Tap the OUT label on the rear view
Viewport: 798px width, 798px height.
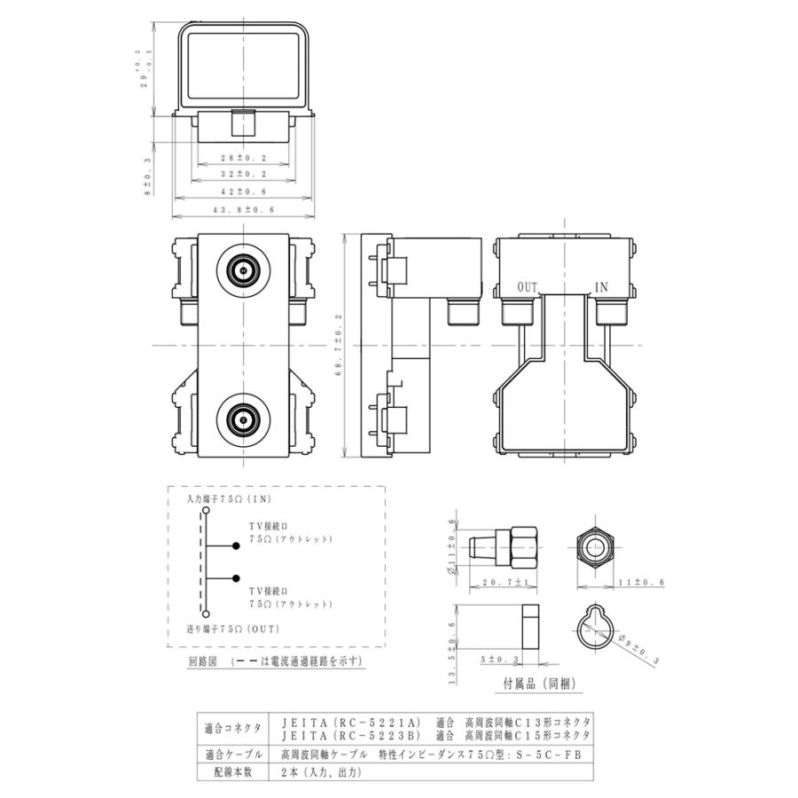pyautogui.click(x=528, y=287)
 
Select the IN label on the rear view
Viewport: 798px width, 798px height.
pyautogui.click(x=601, y=287)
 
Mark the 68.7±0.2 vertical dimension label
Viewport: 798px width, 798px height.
pyautogui.click(x=338, y=345)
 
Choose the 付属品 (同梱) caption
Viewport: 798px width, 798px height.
pyautogui.click(x=533, y=685)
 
